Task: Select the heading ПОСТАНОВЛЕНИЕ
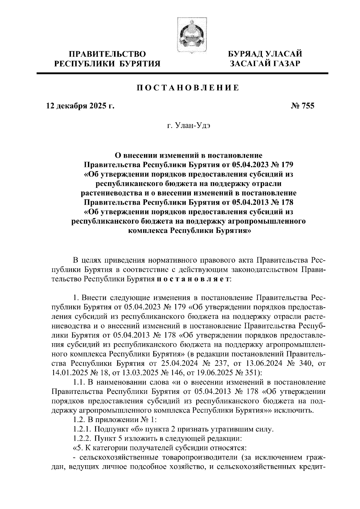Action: [x=188, y=88]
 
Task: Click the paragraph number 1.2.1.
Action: [x=82, y=429]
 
